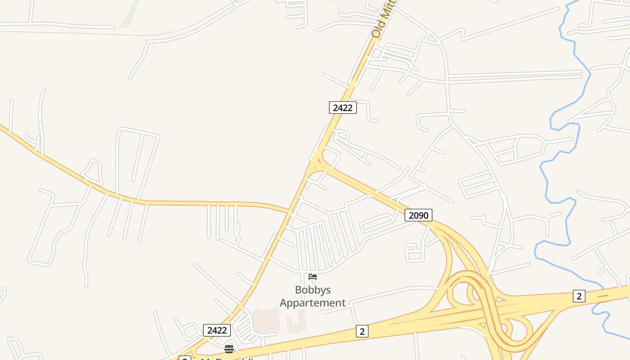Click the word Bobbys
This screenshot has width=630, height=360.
point(313,290)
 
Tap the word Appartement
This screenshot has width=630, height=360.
point(313,303)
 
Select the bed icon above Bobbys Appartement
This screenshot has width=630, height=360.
point(313,276)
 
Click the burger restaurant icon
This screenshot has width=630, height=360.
point(229,349)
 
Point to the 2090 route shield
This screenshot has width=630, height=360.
point(418,215)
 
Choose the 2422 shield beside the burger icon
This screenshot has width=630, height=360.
point(217,330)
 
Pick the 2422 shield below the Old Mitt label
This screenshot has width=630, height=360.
point(342,108)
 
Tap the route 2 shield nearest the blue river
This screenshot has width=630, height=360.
point(579,296)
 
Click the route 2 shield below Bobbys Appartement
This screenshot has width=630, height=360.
point(362,331)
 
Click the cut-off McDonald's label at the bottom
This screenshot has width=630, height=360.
point(227,358)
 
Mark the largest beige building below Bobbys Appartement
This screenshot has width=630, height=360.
point(265,320)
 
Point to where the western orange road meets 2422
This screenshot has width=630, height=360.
point(289,210)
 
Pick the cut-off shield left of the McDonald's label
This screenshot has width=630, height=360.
point(185,358)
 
